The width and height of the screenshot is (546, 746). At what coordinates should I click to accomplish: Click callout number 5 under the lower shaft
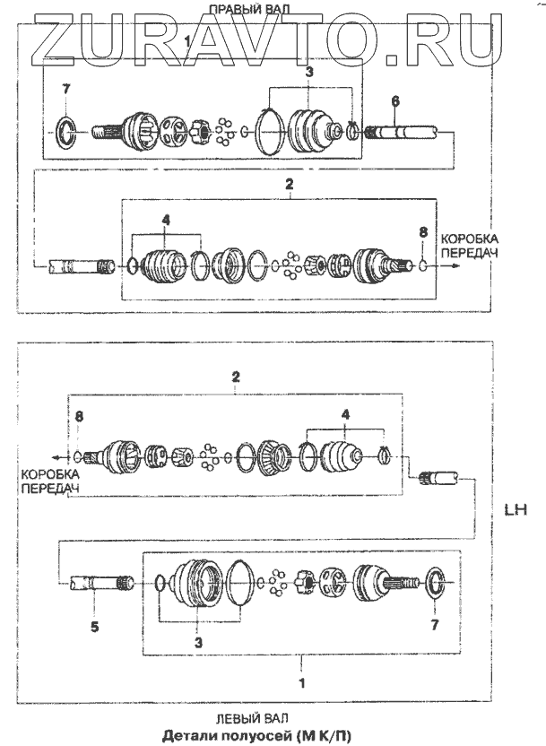[93, 627]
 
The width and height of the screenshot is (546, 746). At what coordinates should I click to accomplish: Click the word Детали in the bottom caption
[187, 736]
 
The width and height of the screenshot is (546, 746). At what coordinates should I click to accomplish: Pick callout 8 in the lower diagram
[79, 416]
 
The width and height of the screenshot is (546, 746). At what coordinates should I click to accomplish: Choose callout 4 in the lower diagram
[343, 414]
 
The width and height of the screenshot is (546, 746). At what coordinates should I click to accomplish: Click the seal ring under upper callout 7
[65, 133]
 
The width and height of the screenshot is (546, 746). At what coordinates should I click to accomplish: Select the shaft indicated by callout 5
[100, 584]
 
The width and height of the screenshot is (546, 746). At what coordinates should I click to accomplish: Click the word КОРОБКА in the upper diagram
[470, 240]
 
